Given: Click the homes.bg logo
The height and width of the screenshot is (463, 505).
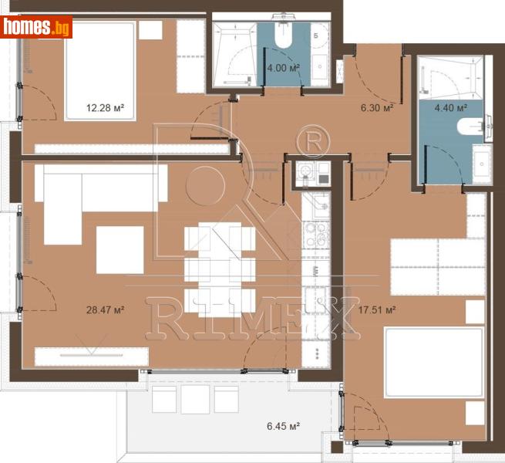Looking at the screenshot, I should (x=36, y=28).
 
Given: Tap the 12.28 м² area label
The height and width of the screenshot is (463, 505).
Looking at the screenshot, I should (x=106, y=108).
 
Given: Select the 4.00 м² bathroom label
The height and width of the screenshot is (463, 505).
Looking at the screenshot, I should (x=282, y=67).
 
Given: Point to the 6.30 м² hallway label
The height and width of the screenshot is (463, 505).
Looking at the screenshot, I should (x=378, y=108).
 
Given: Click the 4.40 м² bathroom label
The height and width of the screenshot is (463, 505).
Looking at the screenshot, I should (x=452, y=107).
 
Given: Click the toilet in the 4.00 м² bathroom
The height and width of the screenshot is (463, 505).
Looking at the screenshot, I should (x=281, y=39).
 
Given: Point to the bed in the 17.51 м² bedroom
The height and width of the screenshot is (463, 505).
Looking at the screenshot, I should (x=434, y=363).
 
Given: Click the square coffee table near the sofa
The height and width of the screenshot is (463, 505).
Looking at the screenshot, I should (x=120, y=249).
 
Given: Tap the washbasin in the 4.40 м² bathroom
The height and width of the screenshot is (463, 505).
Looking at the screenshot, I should (x=482, y=162).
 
